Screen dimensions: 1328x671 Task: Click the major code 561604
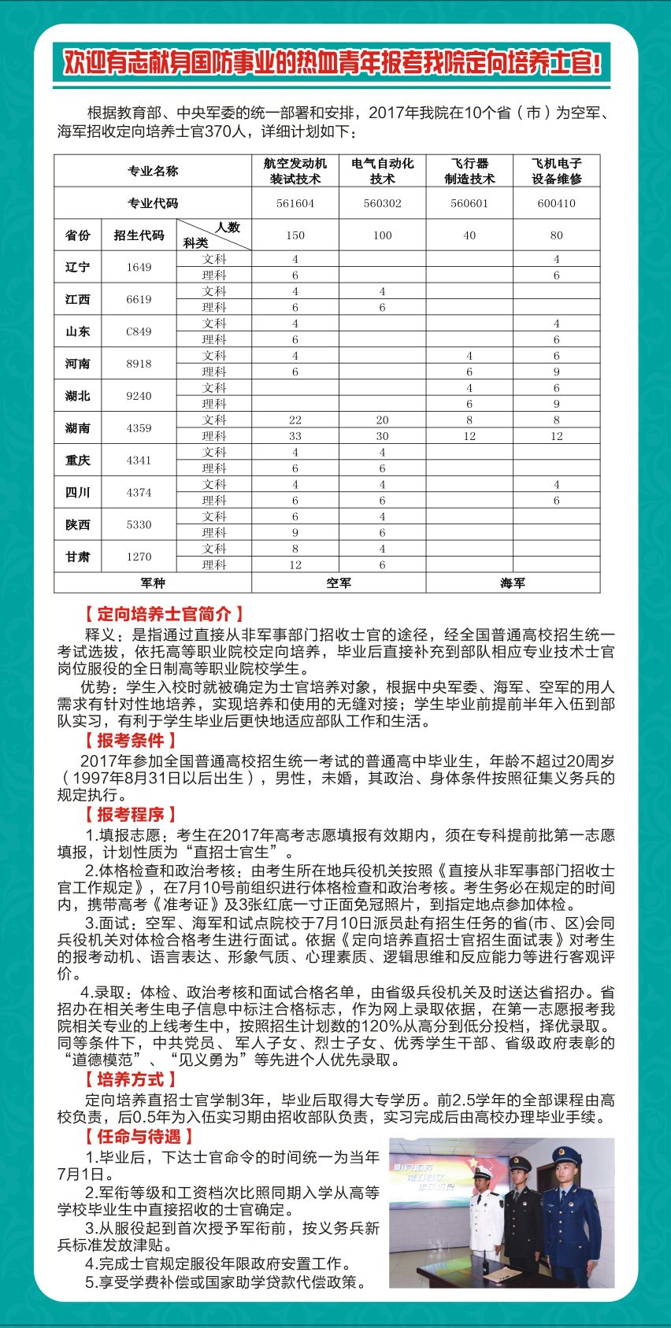[295, 203]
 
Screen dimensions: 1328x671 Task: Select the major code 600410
[556, 203]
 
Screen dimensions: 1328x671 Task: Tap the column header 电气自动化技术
[382, 171]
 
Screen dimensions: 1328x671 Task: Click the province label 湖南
[77, 428]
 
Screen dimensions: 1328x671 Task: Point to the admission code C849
[139, 331]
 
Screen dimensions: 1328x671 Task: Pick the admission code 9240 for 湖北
[139, 396]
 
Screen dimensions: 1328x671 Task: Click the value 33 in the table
[295, 436]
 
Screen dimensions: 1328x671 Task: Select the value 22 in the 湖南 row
[295, 420]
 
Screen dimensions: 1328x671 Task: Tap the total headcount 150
[295, 235]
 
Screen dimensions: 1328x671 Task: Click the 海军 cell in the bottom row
[512, 583]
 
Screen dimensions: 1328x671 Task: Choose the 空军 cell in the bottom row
[339, 583]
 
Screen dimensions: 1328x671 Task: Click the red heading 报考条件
[130, 741]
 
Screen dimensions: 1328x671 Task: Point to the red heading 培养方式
[130, 1079]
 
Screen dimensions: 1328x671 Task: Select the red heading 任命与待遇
[139, 1137]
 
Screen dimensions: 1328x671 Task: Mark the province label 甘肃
[77, 557]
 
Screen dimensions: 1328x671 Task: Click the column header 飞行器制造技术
[469, 171]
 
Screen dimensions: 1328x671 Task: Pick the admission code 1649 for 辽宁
[139, 268]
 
